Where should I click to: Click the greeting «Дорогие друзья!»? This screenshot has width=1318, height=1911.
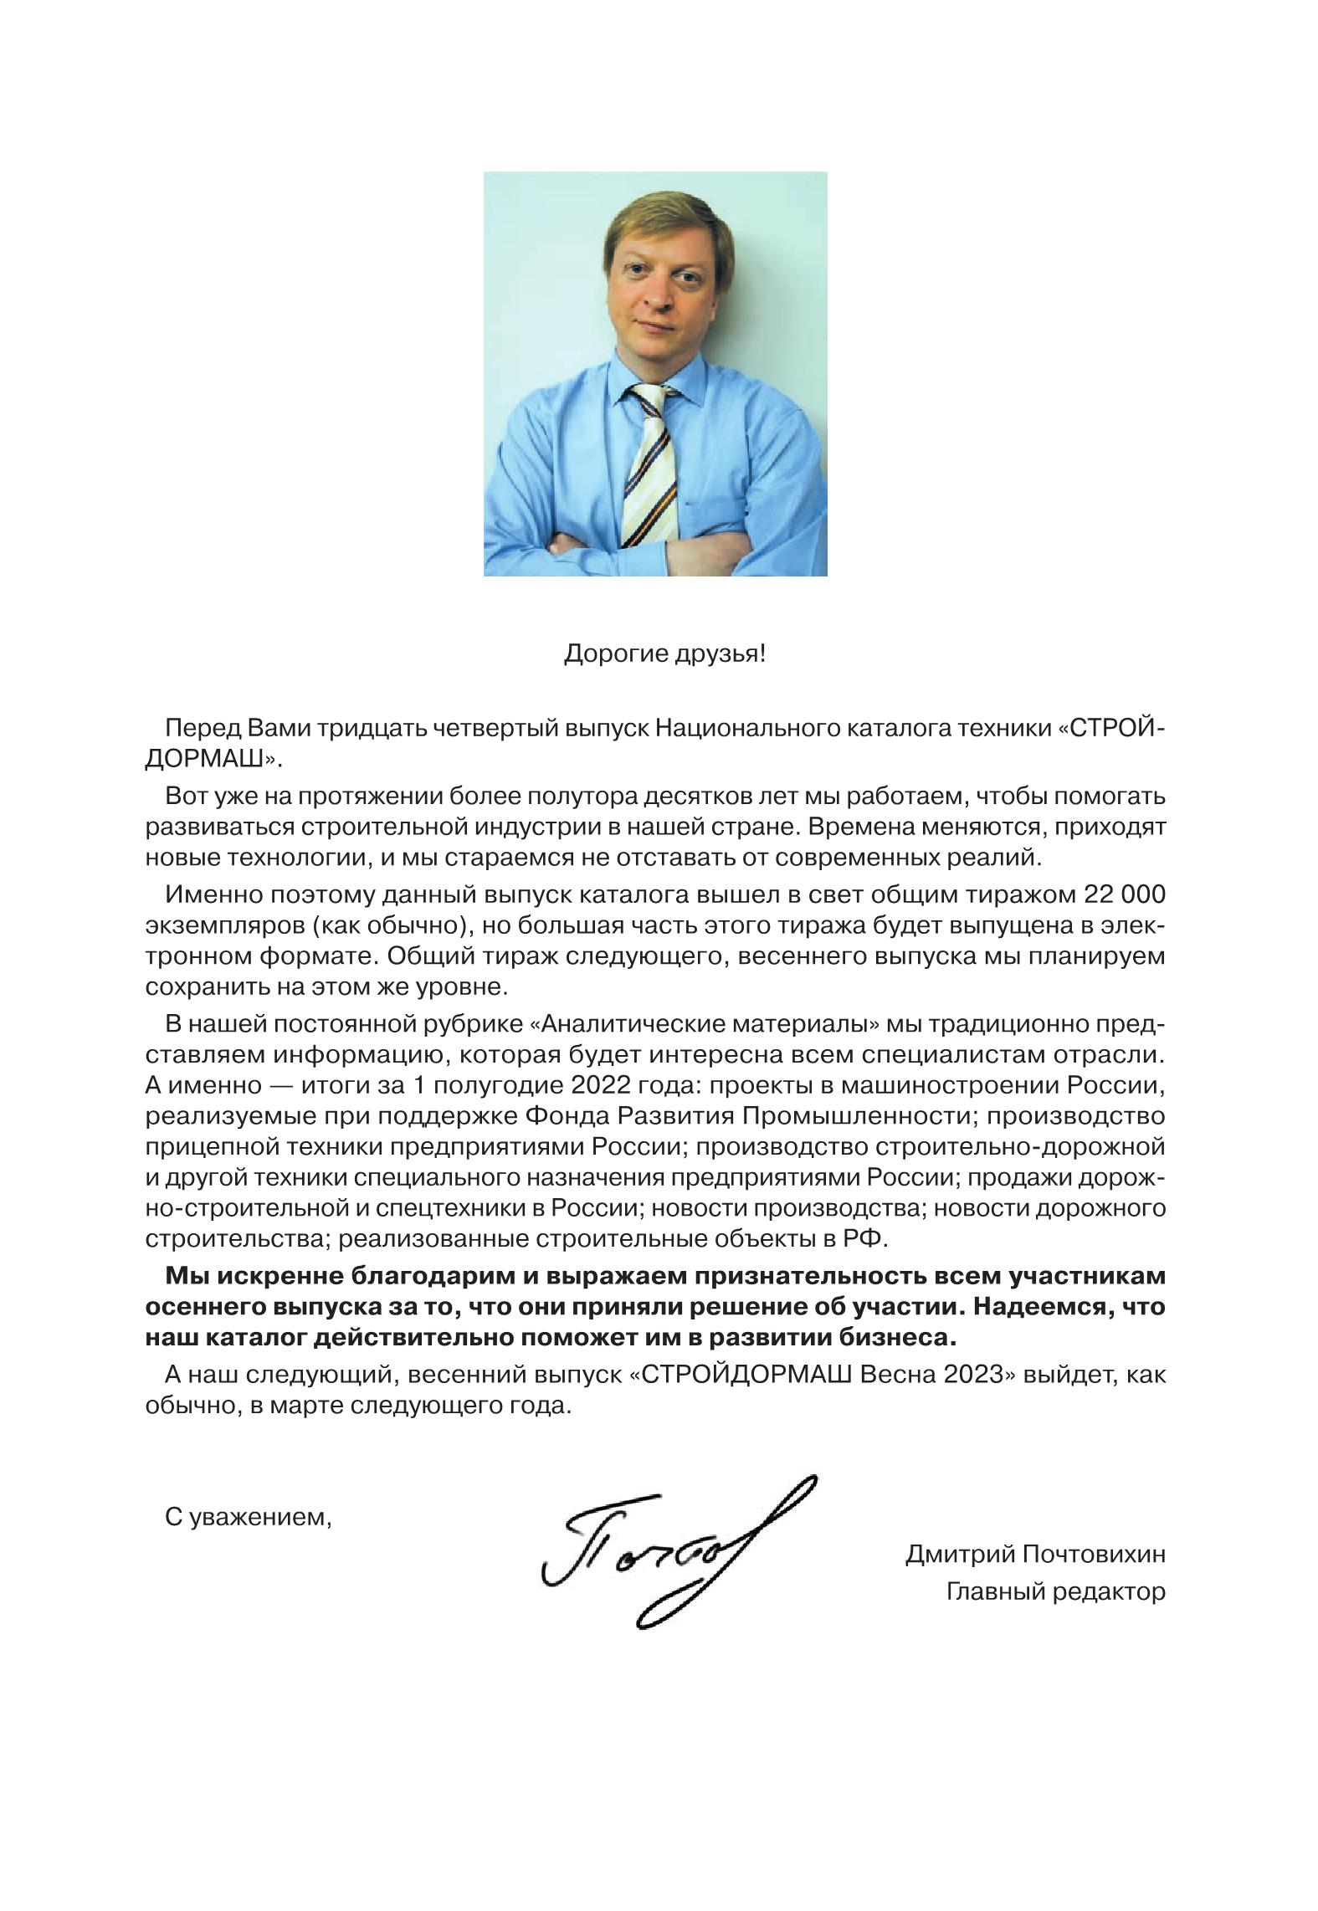[x=664, y=653]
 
